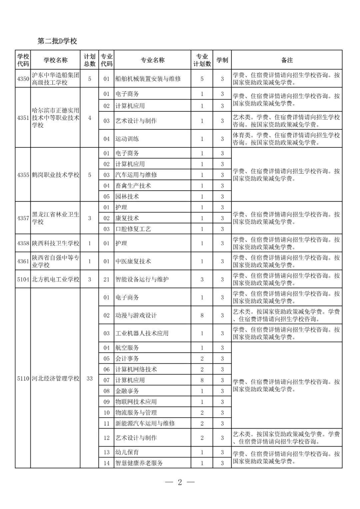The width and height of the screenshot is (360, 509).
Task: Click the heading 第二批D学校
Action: pos(57,41)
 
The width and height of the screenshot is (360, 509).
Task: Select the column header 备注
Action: pos(287,60)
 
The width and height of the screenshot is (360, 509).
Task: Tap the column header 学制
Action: pos(222,60)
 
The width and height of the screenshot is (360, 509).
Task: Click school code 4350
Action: pos(23,79)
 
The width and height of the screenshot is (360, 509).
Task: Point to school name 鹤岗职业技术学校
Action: pos(55,175)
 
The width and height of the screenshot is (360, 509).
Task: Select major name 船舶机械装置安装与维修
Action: pos(148,79)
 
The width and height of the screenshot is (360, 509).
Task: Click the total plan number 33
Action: pos(89,378)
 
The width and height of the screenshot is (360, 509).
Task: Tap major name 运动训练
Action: pos(127,139)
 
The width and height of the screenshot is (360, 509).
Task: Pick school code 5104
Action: pos(23,279)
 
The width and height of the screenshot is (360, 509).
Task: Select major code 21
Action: pos(106,279)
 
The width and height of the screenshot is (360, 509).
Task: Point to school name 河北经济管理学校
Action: pos(55,378)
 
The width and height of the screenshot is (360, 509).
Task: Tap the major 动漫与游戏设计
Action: pos(136,315)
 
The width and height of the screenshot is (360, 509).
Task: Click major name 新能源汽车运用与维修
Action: pos(145,423)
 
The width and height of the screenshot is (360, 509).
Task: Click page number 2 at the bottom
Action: pos(180,482)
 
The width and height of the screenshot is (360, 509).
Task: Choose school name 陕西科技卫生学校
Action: pos(55,243)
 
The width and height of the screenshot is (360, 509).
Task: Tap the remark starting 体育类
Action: pos(286,139)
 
